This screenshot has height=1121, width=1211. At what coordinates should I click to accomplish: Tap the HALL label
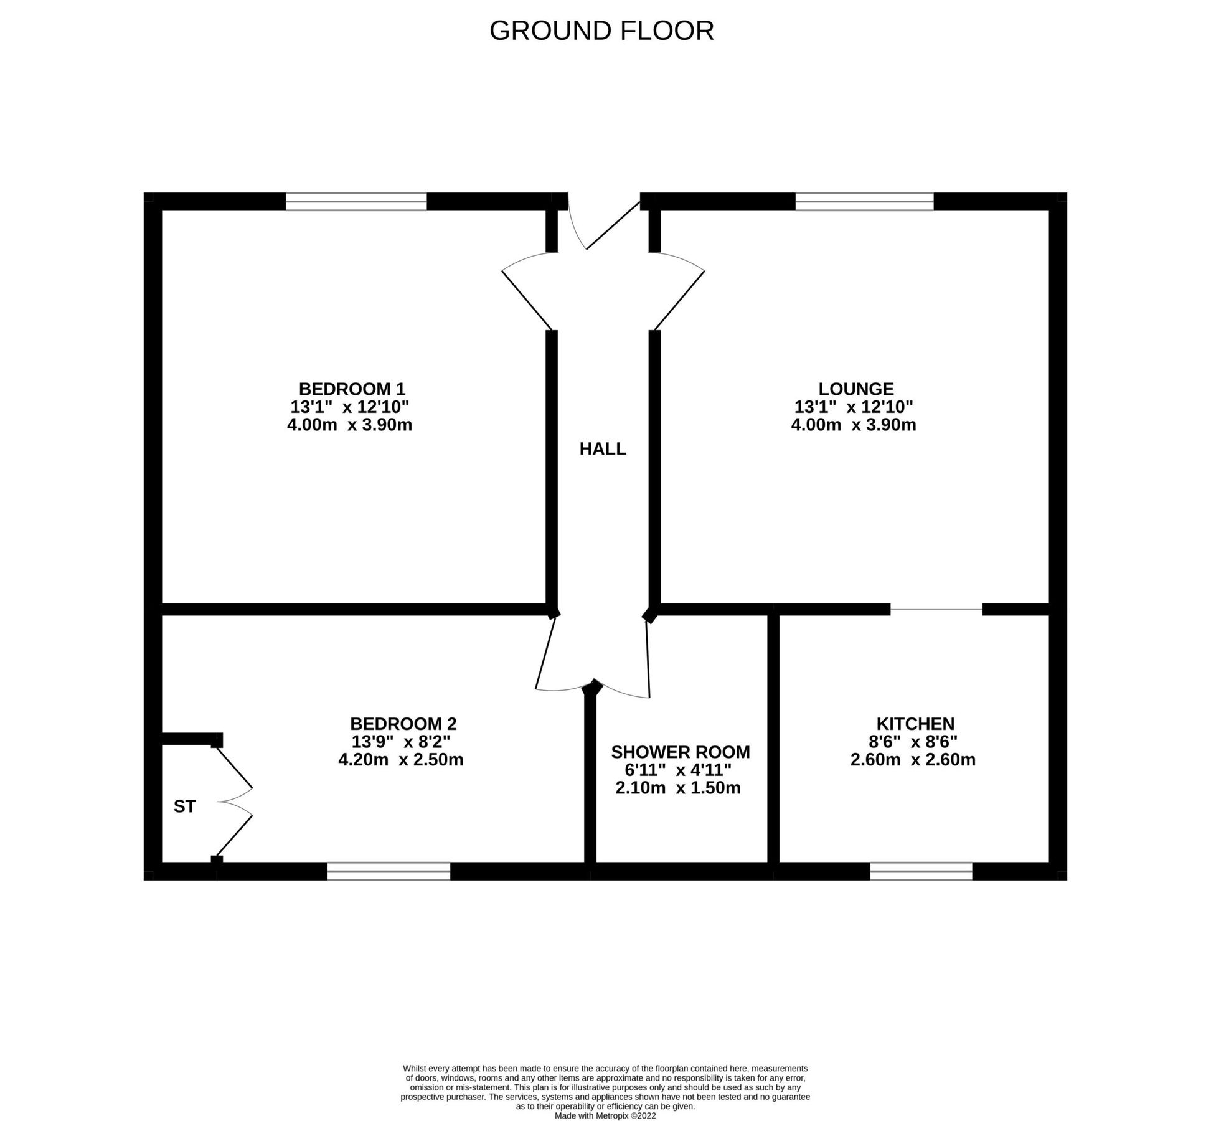(x=602, y=448)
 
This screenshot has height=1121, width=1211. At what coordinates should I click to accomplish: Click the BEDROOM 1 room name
(x=352, y=389)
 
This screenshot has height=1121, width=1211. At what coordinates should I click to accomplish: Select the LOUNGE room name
(x=855, y=389)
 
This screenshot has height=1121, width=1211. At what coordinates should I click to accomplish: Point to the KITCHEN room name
(x=915, y=724)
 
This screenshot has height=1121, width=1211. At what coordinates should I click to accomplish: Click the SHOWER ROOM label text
(x=680, y=752)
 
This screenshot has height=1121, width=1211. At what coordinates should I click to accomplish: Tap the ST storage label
(x=184, y=806)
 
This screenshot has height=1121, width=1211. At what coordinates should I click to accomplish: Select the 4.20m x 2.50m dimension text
(x=400, y=760)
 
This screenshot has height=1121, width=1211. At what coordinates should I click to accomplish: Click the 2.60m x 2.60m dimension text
(x=912, y=760)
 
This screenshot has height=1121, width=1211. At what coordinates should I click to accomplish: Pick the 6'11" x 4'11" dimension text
(x=678, y=770)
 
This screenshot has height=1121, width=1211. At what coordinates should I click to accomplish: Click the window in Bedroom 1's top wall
(x=356, y=201)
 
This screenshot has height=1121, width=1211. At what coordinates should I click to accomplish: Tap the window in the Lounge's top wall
(x=864, y=201)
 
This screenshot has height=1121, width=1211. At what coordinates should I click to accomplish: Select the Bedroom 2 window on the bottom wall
(x=389, y=871)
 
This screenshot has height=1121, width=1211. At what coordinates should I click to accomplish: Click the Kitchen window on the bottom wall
(x=920, y=871)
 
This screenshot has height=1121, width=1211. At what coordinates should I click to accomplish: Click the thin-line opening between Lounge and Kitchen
(x=936, y=609)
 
